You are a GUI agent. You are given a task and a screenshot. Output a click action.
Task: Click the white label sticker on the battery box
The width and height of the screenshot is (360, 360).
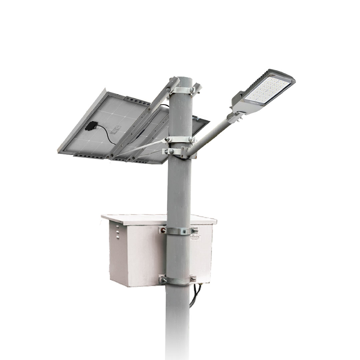coord(196,238)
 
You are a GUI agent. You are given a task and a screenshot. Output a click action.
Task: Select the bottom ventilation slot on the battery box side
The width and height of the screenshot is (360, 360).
coord(117,237)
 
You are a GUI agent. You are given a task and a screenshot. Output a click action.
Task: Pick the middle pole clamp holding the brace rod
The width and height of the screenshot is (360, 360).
coord(180,140)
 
